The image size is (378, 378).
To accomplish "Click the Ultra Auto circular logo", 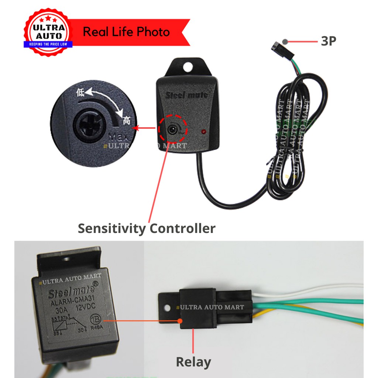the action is coord(48,32).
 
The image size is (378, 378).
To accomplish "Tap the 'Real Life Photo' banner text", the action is coord(126,32).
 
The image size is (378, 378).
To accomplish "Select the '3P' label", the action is coord(328,41).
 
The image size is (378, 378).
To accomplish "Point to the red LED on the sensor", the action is coord(203,131).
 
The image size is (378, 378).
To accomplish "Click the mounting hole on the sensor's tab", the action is coord(189,67).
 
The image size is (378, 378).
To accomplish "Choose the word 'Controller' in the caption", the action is coord(182,228).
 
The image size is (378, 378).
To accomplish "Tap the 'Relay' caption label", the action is coord(193,362).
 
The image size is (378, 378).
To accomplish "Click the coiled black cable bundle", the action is coord(292,137).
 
